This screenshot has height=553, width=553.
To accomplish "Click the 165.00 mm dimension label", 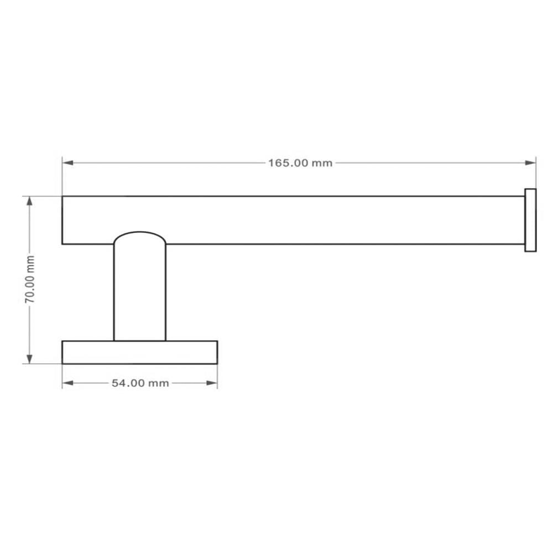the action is tap(300, 163).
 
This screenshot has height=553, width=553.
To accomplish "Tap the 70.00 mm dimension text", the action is tap(30, 279).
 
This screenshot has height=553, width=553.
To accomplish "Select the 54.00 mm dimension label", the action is tap(140, 383).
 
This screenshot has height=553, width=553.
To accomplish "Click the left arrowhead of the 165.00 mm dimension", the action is tap(67, 163).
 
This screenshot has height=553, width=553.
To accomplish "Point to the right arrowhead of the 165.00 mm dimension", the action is tap(530, 163).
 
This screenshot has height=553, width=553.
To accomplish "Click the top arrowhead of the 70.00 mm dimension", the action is tap(30, 201).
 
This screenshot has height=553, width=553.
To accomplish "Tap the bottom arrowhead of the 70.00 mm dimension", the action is tap(30, 359).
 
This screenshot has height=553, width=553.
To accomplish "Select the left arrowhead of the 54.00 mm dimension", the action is tap(67, 383).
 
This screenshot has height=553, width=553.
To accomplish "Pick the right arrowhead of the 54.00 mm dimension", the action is tap(212, 383).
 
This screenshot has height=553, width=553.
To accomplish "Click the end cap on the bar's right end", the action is tap(530, 220).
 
